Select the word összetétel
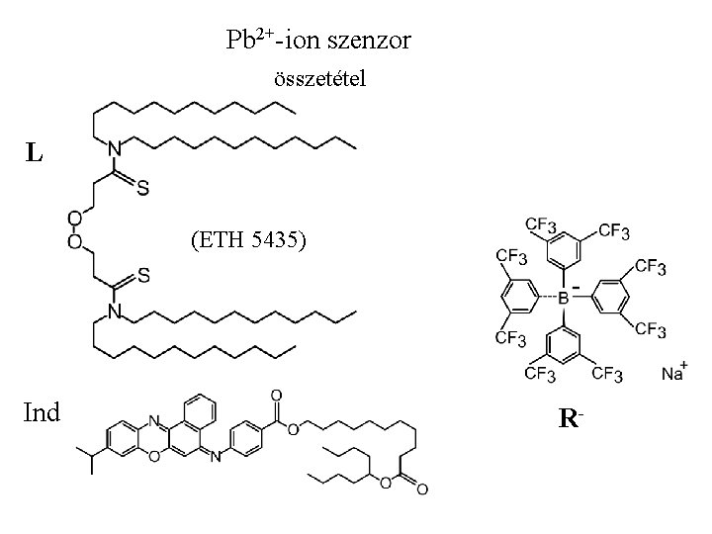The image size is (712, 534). pyautogui.click(x=318, y=79)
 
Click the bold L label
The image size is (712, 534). pyautogui.click(x=35, y=153)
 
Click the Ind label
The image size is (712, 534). pyautogui.click(x=41, y=411)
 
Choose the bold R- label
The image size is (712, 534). pyautogui.click(x=568, y=419)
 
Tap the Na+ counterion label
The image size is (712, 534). pyautogui.click(x=674, y=373)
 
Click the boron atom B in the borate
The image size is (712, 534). pyautogui.click(x=564, y=296)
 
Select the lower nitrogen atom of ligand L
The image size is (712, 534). pyautogui.click(x=115, y=312)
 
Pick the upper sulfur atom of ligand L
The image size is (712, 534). pyautogui.click(x=143, y=190)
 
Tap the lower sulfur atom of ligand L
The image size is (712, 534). pyautogui.click(x=144, y=278)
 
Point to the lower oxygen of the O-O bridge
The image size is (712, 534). pyautogui.click(x=75, y=242)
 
